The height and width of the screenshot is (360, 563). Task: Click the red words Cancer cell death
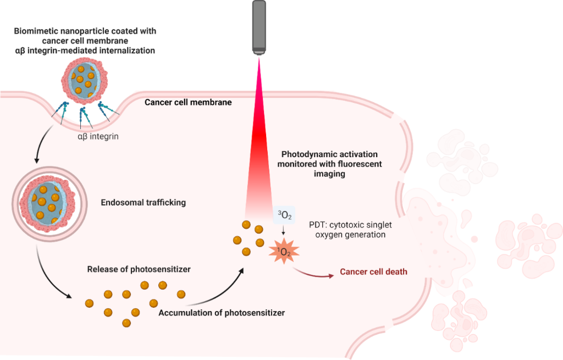tap(373, 272)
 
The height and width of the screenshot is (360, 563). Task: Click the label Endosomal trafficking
tap(143, 202)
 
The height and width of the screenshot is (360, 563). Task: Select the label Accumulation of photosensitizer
tap(222, 313)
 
